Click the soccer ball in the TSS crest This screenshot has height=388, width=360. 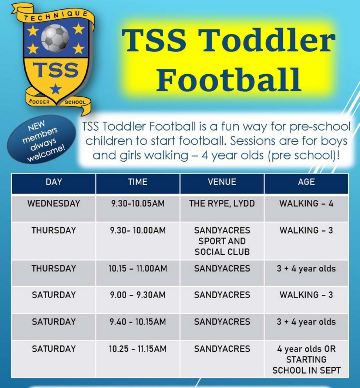[x=55, y=38]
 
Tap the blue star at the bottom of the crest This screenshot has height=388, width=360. [x=56, y=89]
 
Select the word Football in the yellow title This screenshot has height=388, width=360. [x=229, y=80]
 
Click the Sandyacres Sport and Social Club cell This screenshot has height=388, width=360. [x=222, y=241]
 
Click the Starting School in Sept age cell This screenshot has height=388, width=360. [x=306, y=360]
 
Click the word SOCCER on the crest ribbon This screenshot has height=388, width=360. [x=39, y=102]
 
